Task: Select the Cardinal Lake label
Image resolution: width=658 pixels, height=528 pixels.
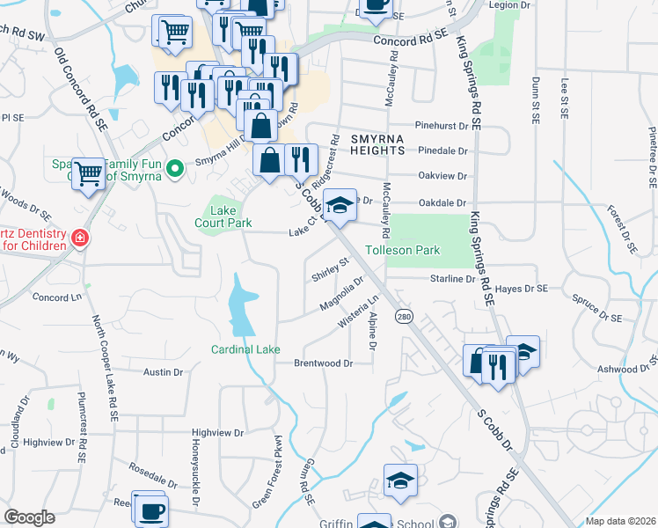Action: [245, 349]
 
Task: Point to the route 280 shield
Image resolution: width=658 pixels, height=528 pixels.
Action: [404, 317]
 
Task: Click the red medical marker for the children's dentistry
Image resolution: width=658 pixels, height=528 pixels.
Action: [79, 238]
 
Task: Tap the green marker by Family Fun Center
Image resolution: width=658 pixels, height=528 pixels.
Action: [174, 166]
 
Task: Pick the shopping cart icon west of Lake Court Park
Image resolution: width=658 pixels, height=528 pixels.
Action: [89, 174]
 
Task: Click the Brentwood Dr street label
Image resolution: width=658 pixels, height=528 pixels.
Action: [323, 363]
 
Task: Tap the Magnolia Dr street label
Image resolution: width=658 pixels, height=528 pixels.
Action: [341, 295]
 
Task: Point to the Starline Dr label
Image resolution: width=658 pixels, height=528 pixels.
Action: [452, 279]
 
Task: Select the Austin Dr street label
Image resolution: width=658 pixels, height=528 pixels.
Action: [163, 372]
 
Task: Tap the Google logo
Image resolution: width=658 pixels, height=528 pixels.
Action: [29, 517]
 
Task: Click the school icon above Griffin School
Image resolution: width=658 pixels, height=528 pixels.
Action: [399, 481]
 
